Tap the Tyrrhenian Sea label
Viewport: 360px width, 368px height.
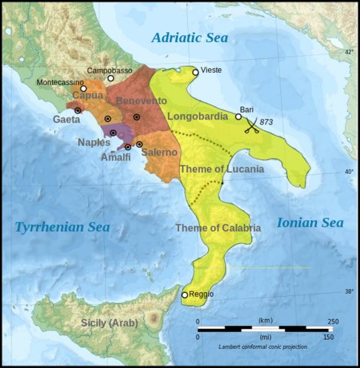tap(62, 226)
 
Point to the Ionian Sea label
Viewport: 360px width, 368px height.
tap(309, 222)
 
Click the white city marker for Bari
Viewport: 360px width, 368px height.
tap(239, 117)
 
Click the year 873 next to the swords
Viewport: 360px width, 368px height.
tap(266, 122)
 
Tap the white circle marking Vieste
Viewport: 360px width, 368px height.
tap(196, 72)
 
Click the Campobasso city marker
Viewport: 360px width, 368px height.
tap(111, 78)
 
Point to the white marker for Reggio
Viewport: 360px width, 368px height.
tap(184, 295)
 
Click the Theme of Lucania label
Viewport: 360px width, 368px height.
tap(221, 168)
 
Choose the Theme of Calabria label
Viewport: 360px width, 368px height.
tap(217, 228)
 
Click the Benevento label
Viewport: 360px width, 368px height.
tap(141, 101)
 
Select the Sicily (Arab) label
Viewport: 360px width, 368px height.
tap(110, 323)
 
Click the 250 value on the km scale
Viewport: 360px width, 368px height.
tap(332, 321)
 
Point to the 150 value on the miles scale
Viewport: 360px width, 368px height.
tap(328, 337)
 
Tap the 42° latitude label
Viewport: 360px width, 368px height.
tap(348, 52)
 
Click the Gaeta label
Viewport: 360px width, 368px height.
tap(67, 120)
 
